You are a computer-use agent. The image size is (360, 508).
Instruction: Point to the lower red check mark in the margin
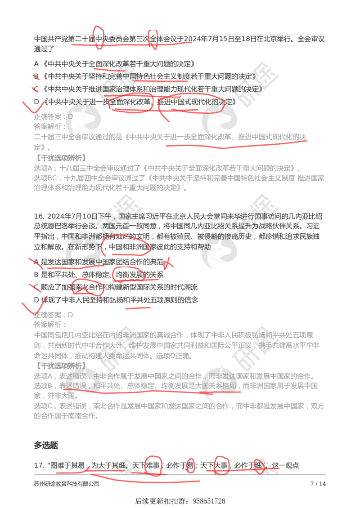click(x=35, y=306)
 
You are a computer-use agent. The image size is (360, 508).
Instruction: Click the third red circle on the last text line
click(x=222, y=465)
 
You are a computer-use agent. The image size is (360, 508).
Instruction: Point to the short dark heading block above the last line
click(x=46, y=445)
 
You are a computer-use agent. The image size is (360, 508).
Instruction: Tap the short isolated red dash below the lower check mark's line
click(x=138, y=309)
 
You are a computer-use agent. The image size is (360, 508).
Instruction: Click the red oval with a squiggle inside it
click(x=88, y=286)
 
